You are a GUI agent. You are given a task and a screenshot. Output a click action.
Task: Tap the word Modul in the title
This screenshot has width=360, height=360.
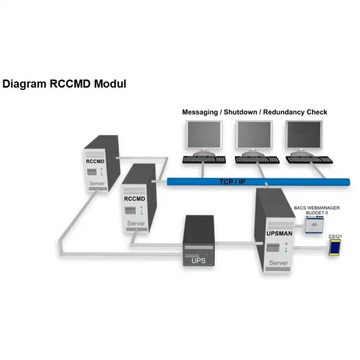[x=111, y=83]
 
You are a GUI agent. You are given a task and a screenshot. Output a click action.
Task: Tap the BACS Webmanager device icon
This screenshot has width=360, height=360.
[x=314, y=224]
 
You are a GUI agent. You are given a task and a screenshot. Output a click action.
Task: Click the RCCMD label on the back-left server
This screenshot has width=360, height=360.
[x=96, y=161]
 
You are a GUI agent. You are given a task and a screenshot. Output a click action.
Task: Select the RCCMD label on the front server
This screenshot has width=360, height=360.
[x=134, y=199]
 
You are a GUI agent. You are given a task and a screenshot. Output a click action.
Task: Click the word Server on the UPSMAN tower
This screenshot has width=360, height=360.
[x=277, y=263]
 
